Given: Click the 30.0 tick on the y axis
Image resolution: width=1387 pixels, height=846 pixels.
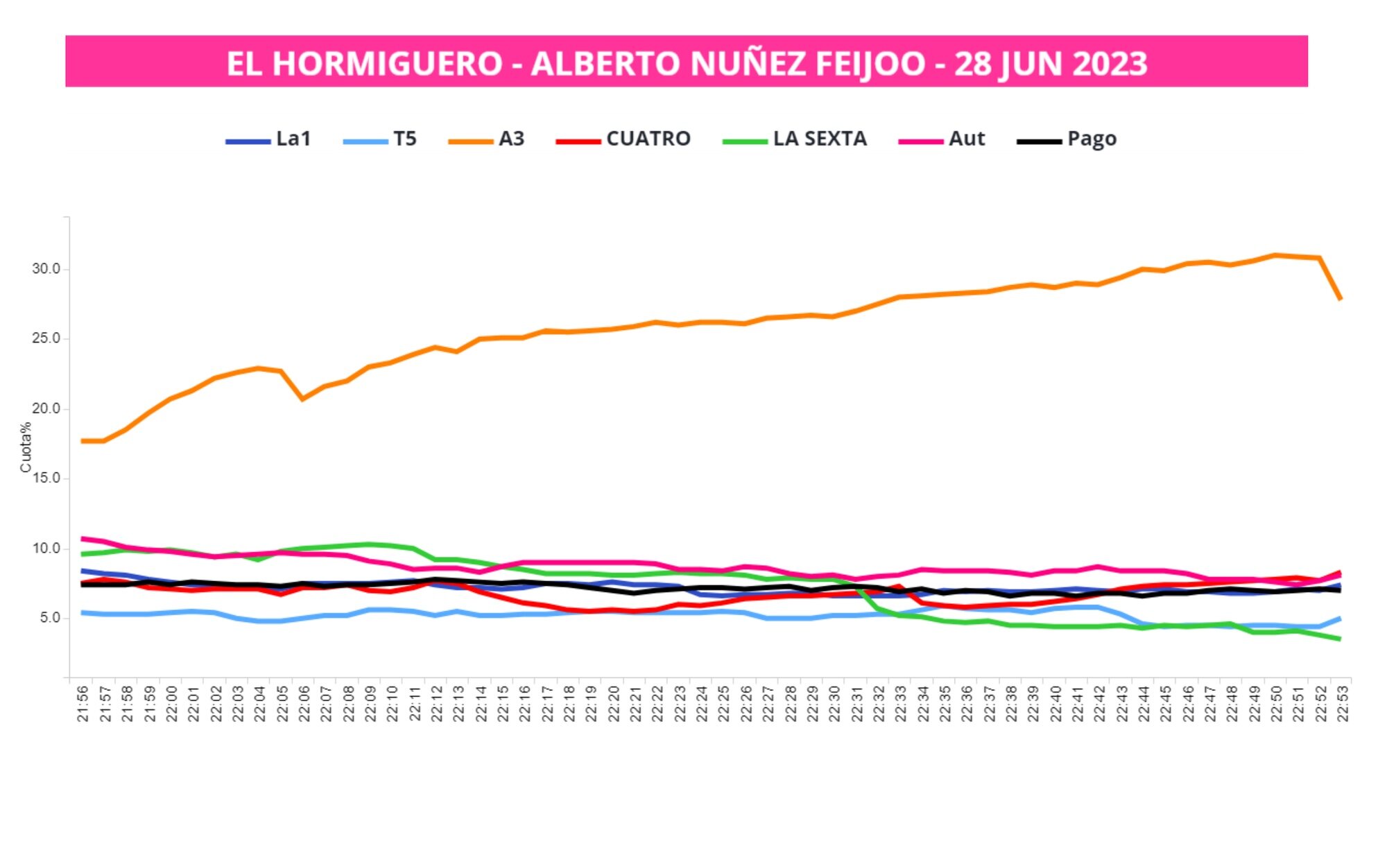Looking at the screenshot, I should point(46,268).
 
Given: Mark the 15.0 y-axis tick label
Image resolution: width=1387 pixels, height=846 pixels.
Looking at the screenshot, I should point(46,478).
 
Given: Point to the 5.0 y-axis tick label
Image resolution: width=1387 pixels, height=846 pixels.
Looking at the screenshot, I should point(49,618).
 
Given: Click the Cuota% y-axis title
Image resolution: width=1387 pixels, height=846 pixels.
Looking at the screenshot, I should point(26,447).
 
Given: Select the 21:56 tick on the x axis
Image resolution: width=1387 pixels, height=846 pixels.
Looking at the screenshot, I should point(83,703).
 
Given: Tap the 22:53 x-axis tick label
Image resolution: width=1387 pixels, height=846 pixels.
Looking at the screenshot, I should point(1343,703).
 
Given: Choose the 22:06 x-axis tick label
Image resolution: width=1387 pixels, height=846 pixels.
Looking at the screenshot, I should point(304,703).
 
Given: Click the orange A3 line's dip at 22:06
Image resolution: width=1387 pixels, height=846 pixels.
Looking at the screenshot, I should point(303,399).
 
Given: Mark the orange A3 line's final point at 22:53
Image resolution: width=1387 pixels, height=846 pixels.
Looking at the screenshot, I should point(1341,299).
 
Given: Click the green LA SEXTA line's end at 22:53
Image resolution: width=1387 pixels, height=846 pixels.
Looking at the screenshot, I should point(1341,639).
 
